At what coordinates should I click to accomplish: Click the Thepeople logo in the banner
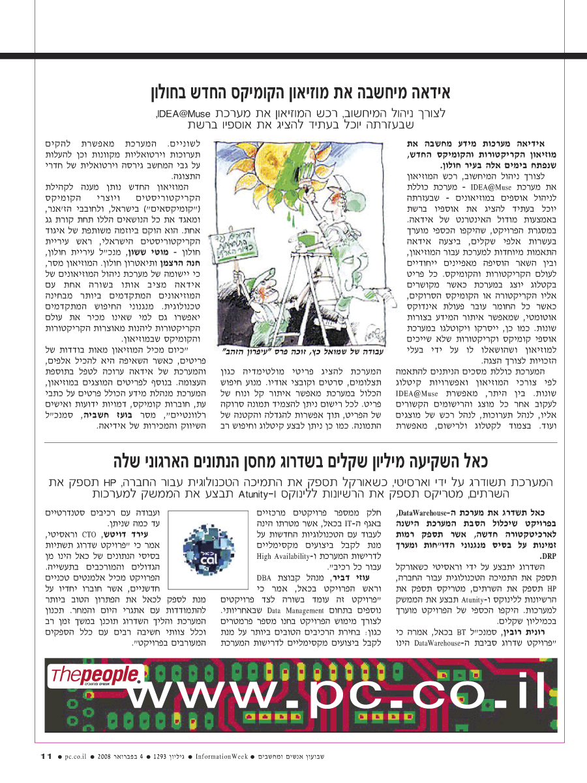(x=95, y=675)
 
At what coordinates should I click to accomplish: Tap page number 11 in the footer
(x=45, y=756)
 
